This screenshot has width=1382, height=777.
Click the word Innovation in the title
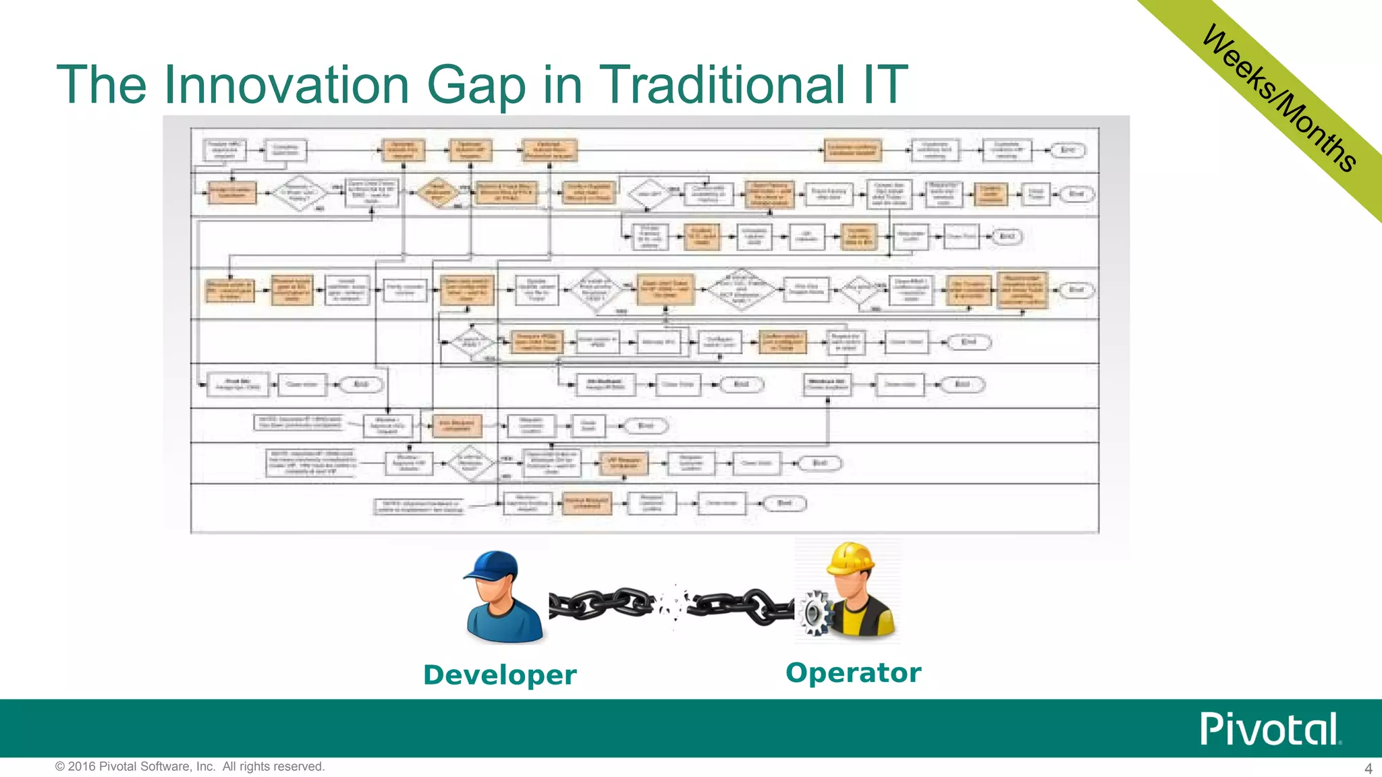[286, 85]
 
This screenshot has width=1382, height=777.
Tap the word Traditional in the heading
[721, 85]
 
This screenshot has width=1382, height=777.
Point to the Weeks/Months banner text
[1279, 98]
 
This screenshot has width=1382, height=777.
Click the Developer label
[499, 674]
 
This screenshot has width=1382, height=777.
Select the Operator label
[853, 672]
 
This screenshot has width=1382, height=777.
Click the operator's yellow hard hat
[851, 558]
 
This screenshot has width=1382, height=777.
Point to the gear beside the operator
[814, 612]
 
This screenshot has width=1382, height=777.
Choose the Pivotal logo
[1269, 729]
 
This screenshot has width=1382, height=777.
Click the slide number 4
[1369, 768]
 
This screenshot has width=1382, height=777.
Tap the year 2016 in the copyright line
[82, 767]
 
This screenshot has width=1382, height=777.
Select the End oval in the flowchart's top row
[1066, 150]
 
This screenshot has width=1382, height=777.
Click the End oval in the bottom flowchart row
[783, 504]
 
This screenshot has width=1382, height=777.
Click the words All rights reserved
[273, 767]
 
